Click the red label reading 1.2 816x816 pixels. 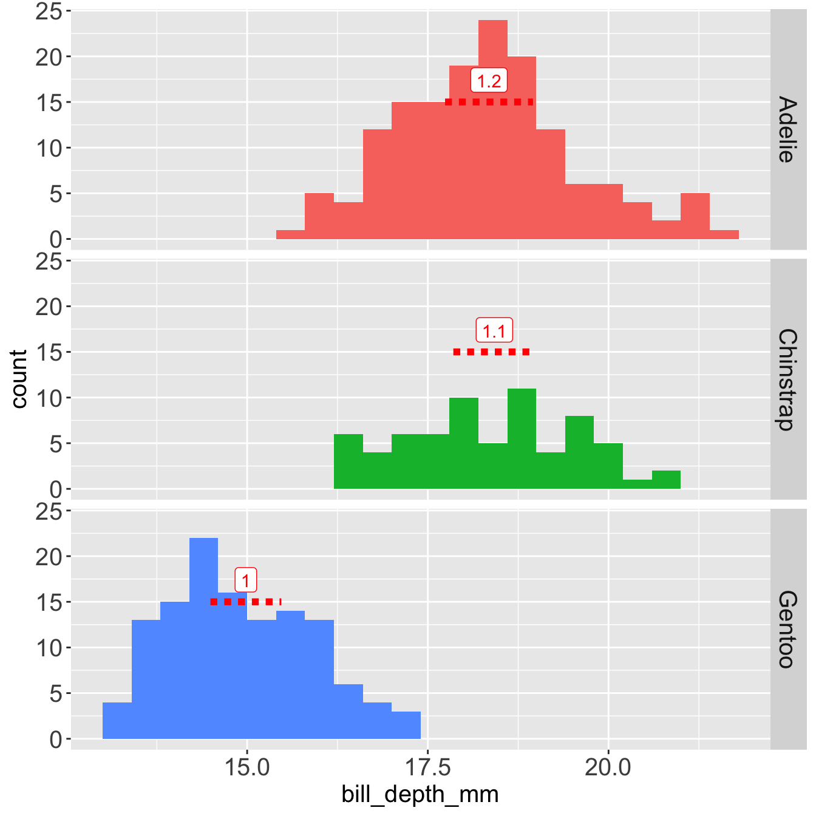click(x=489, y=81)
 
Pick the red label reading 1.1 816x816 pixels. click(x=494, y=331)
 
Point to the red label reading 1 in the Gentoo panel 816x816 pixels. click(x=245, y=581)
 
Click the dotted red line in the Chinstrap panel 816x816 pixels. click(x=492, y=352)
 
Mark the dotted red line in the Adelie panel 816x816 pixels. click(x=489, y=102)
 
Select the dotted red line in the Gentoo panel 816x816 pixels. click(x=246, y=602)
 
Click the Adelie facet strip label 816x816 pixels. click(x=787, y=129)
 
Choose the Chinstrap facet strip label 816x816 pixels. click(x=787, y=379)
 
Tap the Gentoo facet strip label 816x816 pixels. click(x=787, y=630)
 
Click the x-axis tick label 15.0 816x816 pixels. click(x=247, y=767)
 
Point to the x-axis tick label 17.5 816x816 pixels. click(x=427, y=767)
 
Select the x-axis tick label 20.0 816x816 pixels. click(x=608, y=767)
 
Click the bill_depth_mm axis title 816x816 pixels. click(x=420, y=794)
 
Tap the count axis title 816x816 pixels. click(x=19, y=379)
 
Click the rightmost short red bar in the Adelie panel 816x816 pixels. click(x=724, y=235)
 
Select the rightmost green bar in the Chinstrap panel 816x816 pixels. click(x=666, y=480)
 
